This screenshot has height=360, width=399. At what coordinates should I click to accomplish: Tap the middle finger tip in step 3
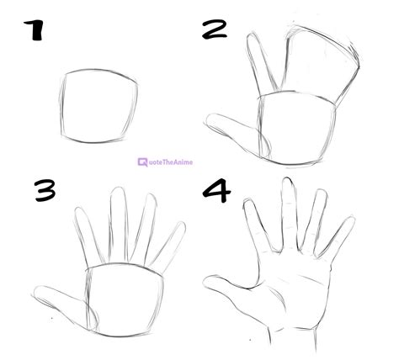point(119,195)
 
